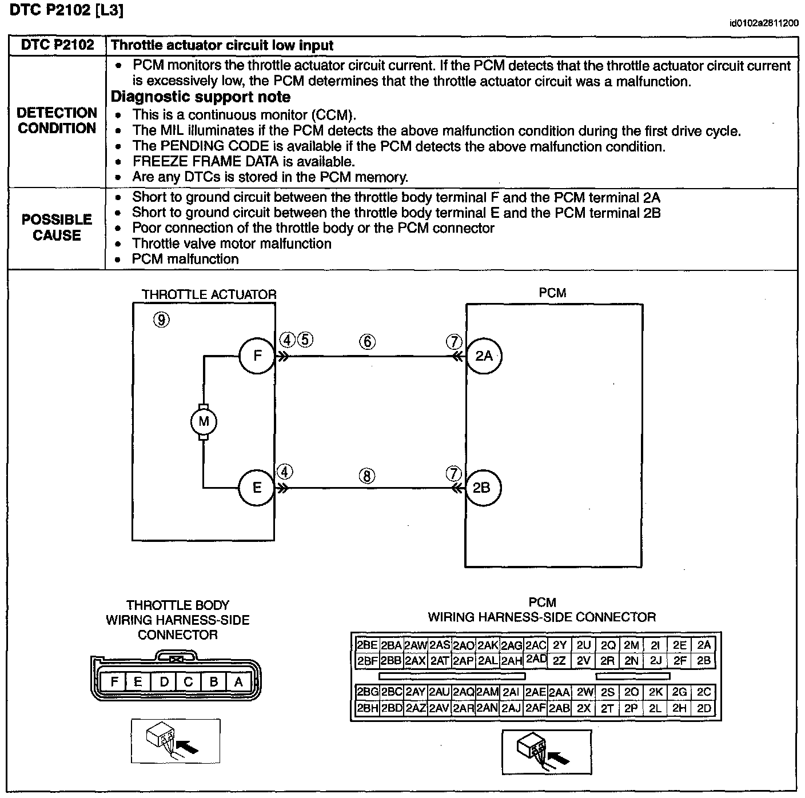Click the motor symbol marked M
(204, 422)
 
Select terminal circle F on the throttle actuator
(257, 356)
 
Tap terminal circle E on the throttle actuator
(257, 488)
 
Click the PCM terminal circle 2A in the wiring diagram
(484, 356)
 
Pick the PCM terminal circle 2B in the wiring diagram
(482, 488)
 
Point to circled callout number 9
(161, 320)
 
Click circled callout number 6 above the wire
(367, 342)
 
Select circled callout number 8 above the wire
(367, 476)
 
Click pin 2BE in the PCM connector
(366, 645)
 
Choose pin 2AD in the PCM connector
(536, 659)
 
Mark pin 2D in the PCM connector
(704, 708)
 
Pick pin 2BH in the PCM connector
(366, 708)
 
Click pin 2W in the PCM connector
(584, 692)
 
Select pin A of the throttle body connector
(238, 681)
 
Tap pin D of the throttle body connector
(164, 681)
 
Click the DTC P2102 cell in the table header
(57, 46)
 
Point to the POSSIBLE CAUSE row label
(57, 228)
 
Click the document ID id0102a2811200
(764, 24)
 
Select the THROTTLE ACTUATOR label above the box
(209, 295)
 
